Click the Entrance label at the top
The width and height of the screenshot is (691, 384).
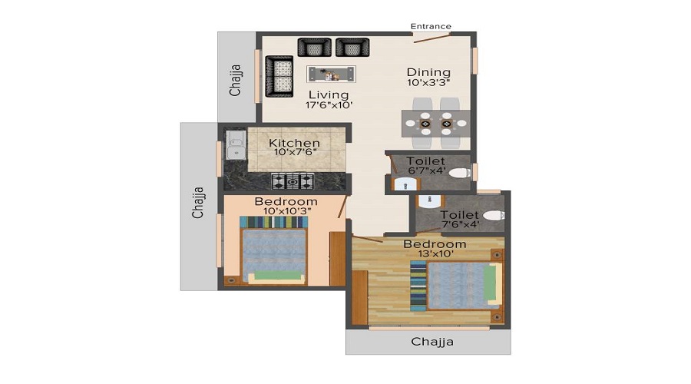coord(431,26)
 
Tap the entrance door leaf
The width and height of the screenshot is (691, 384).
coord(432,38)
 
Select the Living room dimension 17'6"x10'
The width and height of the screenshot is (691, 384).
coord(329,105)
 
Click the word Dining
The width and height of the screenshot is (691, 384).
coord(428,72)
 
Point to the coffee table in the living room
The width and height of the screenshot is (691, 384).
coord(332,74)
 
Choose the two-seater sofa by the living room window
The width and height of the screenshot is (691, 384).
coord(279,76)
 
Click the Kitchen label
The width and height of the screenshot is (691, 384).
coord(294,143)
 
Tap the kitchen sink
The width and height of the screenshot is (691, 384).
coord(236,144)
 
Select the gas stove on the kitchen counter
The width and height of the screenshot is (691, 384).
coord(293,181)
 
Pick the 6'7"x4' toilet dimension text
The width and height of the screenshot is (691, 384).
coord(427,170)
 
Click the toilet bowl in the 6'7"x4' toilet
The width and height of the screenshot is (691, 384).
coord(460,173)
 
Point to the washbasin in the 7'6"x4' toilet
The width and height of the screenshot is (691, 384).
coord(428,201)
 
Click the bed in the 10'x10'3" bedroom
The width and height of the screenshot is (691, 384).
coord(273,250)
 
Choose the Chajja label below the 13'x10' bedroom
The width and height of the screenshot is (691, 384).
coord(431,342)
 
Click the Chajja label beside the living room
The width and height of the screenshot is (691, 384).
coord(236,80)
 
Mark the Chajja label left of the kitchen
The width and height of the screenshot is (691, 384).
coord(198,202)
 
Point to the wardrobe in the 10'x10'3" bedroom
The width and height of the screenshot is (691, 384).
coord(338,259)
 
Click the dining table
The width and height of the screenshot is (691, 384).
coord(435,124)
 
